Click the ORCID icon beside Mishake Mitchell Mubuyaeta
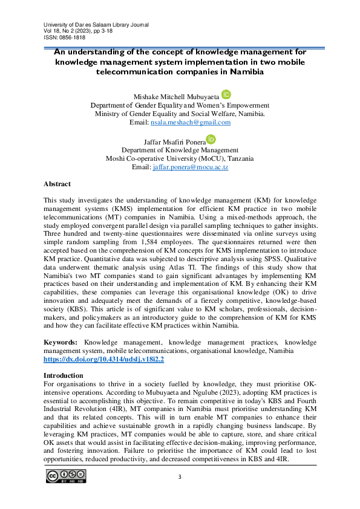point(226,94)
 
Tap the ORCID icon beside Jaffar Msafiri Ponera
point(211,138)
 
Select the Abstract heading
point(57,184)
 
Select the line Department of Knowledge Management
point(180,149)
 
